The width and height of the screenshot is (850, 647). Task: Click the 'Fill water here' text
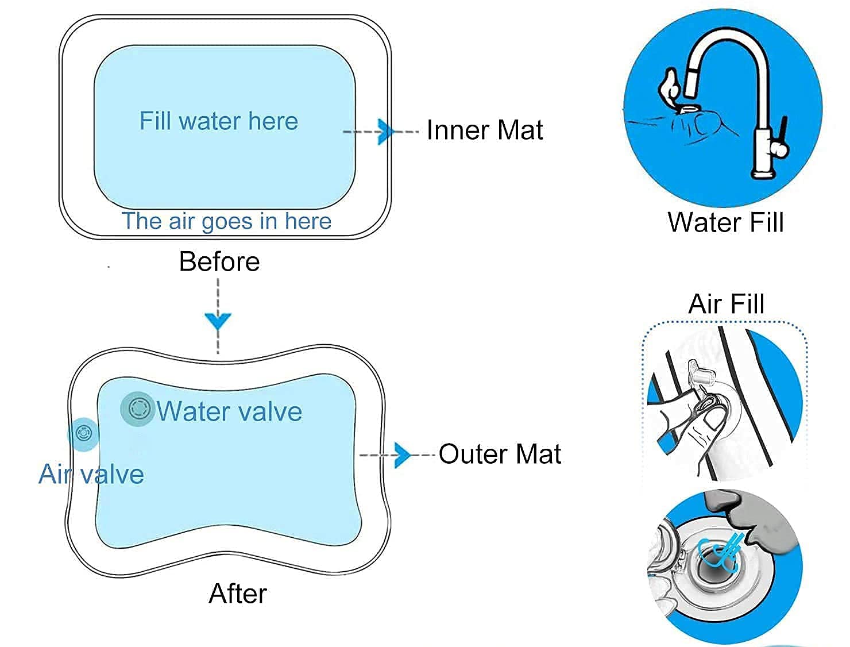[219, 121]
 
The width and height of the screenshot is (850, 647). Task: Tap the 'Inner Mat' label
[485, 130]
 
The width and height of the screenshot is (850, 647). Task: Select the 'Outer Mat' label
[500, 454]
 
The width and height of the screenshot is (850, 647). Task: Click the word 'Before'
[219, 261]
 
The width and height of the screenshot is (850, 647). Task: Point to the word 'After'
[238, 594]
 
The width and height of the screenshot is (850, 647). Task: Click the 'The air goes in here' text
[227, 221]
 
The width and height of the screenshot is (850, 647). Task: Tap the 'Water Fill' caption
[725, 222]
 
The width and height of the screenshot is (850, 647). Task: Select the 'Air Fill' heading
[727, 303]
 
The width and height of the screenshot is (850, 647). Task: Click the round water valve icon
[138, 409]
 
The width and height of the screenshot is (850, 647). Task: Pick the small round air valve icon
[84, 433]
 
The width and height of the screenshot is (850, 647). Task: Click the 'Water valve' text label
[230, 411]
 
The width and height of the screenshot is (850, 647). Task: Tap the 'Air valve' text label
[91, 475]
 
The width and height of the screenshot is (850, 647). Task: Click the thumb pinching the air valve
[714, 419]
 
